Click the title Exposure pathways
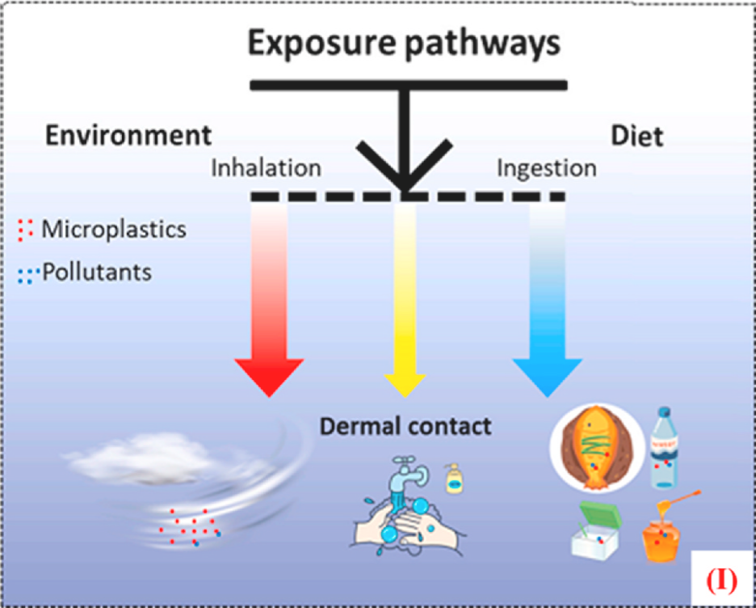[x=403, y=44]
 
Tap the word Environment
[x=128, y=134]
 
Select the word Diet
[x=637, y=136]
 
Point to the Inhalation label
[x=266, y=168]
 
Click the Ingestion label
[x=547, y=168]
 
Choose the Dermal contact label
[x=405, y=425]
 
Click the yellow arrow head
[x=404, y=384]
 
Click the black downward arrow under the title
[x=404, y=154]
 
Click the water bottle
[x=667, y=448]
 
